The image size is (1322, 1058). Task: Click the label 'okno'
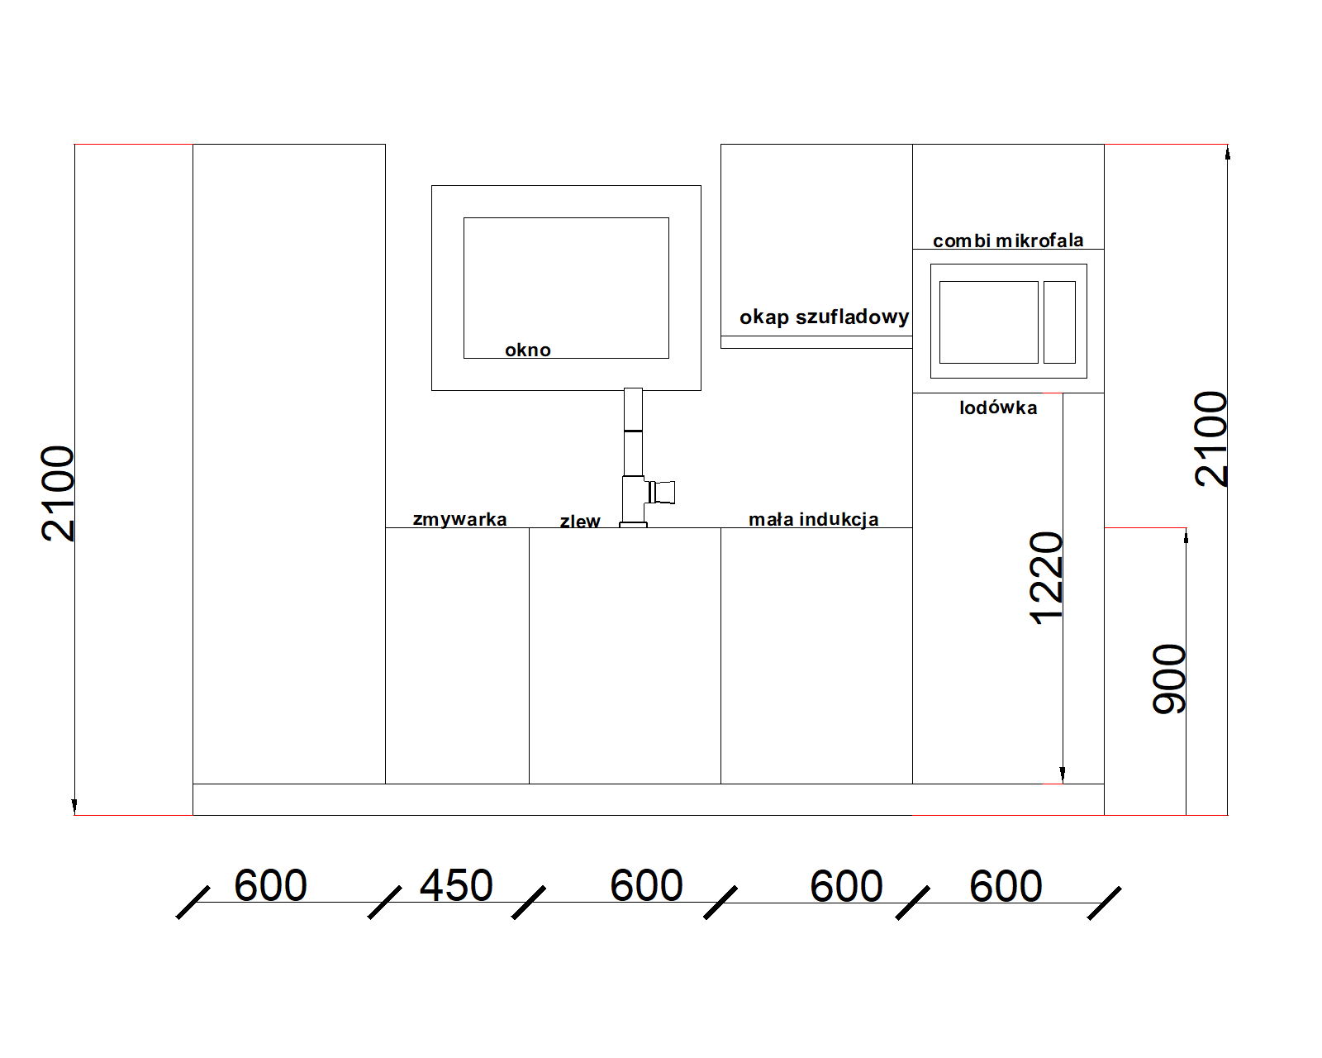pyautogui.click(x=527, y=350)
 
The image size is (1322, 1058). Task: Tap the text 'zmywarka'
pyautogui.click(x=459, y=519)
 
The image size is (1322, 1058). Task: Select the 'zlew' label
pyautogui.click(x=580, y=522)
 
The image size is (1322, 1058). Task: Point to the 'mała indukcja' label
pyautogui.click(x=813, y=519)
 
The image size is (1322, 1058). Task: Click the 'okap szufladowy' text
pyautogui.click(x=824, y=317)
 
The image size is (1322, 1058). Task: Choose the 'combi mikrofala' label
pyautogui.click(x=1008, y=241)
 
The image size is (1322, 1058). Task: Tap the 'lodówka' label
pyautogui.click(x=998, y=407)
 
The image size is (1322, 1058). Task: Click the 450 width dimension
pyautogui.click(x=456, y=886)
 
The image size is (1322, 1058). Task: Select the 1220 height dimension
pyautogui.click(x=1045, y=579)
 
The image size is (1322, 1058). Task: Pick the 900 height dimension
pyautogui.click(x=1167, y=679)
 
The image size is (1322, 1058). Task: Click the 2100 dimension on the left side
pyautogui.click(x=57, y=493)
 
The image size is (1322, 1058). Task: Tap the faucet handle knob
pyautogui.click(x=663, y=493)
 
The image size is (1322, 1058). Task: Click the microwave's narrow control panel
pyautogui.click(x=1060, y=322)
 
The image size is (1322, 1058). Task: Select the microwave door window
pyautogui.click(x=989, y=322)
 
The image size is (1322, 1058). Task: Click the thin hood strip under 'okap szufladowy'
pyautogui.click(x=816, y=342)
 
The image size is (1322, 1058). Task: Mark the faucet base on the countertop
pyautogui.click(x=634, y=525)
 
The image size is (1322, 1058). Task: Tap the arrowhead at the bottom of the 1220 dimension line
pyautogui.click(x=1063, y=774)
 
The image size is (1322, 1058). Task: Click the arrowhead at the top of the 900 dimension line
pyautogui.click(x=1186, y=536)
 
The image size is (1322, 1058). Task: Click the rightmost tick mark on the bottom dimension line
pyautogui.click(x=1104, y=903)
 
